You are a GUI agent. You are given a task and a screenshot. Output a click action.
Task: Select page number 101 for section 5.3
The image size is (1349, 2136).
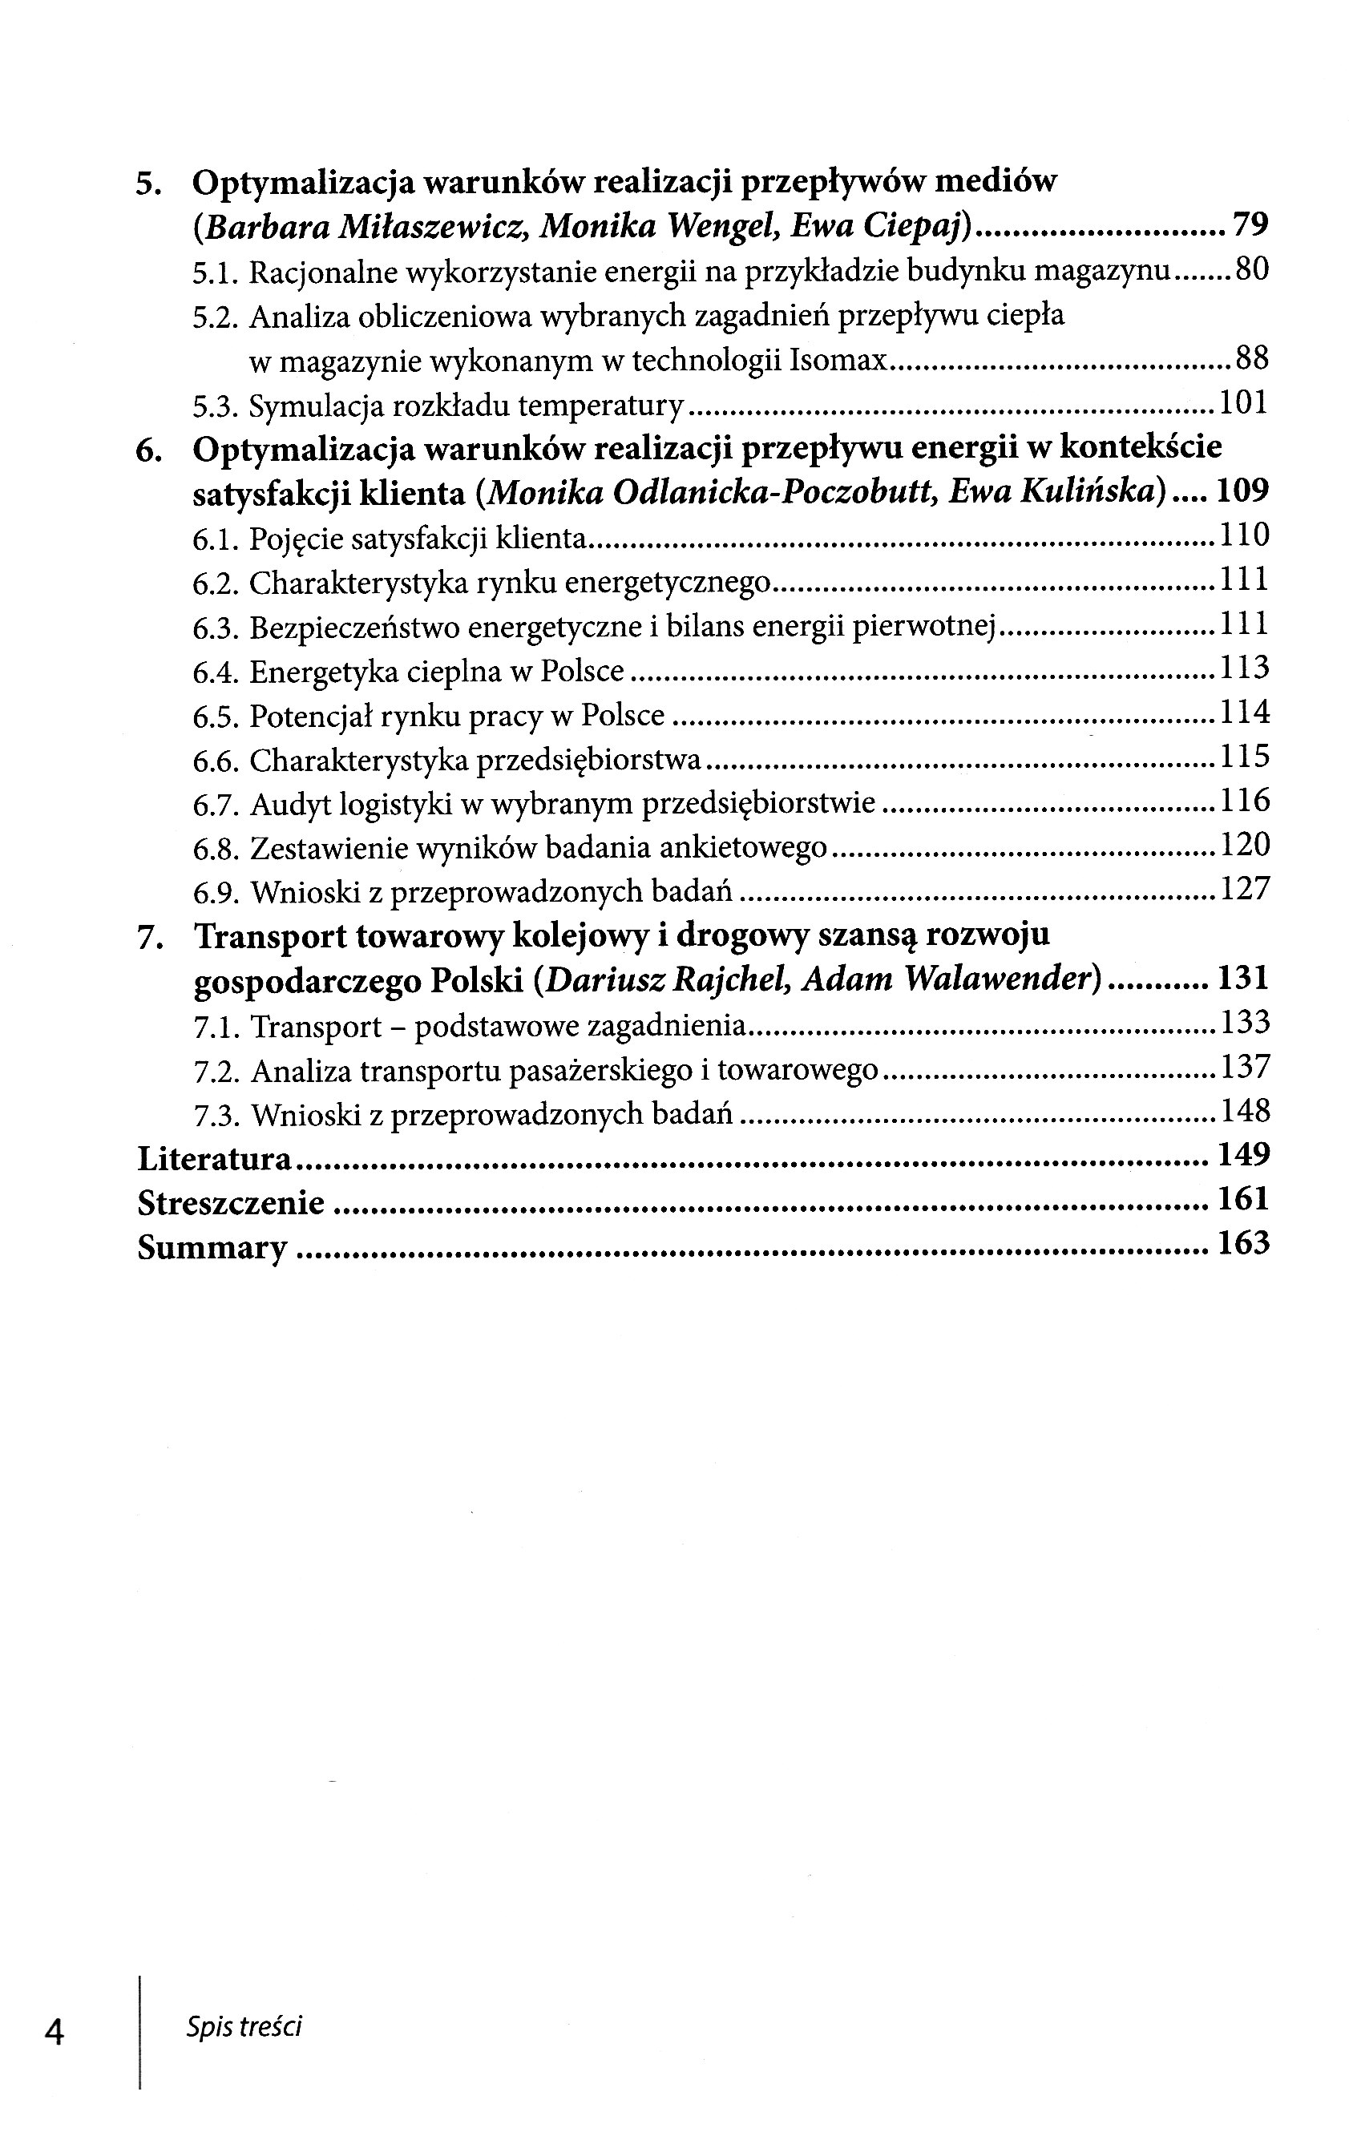click(x=1242, y=404)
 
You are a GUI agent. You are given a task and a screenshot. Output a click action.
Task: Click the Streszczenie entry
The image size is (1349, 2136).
click(x=231, y=1203)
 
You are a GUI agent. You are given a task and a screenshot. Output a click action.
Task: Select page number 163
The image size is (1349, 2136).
click(x=1242, y=1244)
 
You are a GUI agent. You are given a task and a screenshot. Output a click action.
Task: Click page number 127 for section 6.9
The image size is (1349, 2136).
click(x=1244, y=889)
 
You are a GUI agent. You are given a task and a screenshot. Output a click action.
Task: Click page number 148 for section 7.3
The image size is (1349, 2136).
click(x=1244, y=1111)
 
